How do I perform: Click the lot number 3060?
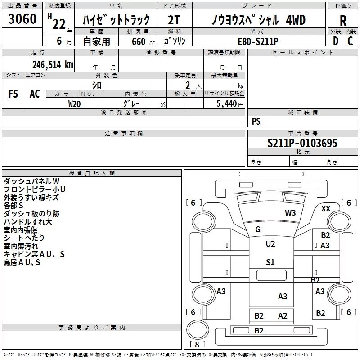[22, 19]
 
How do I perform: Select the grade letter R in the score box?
[343, 21]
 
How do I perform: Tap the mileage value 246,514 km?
[52, 64]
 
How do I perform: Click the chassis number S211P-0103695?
[302, 143]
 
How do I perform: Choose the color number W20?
[75, 103]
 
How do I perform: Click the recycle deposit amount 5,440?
[226, 103]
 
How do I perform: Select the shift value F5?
[13, 94]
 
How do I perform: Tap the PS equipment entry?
[256, 121]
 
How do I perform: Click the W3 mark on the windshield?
[290, 212]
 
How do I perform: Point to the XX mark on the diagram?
[326, 209]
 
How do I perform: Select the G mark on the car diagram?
[258, 229]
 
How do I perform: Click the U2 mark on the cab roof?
[270, 244]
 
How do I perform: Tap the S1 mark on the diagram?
[270, 262]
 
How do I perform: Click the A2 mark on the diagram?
[283, 316]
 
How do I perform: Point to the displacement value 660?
[138, 41]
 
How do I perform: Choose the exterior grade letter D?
[335, 41]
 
